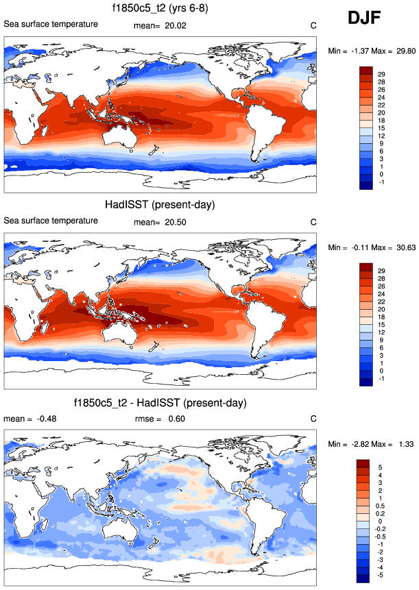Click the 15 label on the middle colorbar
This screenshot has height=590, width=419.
tap(381, 324)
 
